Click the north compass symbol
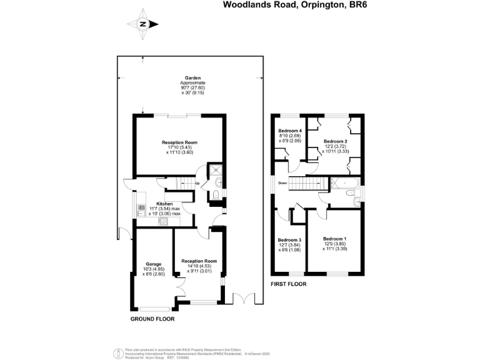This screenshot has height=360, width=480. point(143,24)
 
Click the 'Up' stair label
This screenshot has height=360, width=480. point(197,183)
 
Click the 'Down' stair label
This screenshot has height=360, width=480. point(282,183)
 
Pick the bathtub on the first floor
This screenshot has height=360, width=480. point(344,184)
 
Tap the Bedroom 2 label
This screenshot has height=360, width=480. point(336,141)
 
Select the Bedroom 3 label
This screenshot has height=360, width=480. point(289,240)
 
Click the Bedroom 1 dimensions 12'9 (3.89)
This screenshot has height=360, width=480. point(335,244)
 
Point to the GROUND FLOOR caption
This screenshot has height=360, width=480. point(152,319)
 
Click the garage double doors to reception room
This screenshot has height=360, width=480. point(181,287)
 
